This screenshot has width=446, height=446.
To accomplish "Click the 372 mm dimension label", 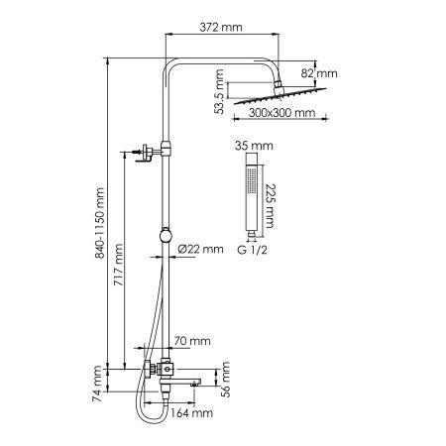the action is click(x=221, y=27).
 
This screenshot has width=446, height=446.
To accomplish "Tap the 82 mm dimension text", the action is click(x=319, y=73).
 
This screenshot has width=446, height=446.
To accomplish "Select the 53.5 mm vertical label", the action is click(x=219, y=91).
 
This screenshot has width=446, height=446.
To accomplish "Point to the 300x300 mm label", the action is click(x=281, y=113).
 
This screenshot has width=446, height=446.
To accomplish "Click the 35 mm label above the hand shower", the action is click(x=254, y=146).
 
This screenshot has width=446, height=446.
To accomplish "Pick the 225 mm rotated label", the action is click(x=270, y=205).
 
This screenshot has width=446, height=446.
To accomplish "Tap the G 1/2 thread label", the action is click(x=252, y=250).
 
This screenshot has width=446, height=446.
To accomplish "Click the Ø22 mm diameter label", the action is click(x=200, y=249).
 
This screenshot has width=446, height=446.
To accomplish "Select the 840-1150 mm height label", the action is click(x=99, y=223).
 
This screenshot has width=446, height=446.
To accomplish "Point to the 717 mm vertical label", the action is click(x=118, y=265).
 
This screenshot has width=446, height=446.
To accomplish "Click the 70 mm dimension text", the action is click(x=192, y=341).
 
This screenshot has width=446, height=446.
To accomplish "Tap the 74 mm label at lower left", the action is click(x=97, y=384).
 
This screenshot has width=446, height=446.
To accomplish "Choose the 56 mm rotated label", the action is click(x=225, y=379).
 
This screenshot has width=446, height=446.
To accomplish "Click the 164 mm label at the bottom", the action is click(x=191, y=413).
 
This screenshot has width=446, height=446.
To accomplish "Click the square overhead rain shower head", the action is click(x=280, y=96).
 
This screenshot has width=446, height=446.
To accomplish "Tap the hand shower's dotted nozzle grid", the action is click(x=252, y=179).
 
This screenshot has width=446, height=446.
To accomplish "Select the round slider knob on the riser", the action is click(x=166, y=236).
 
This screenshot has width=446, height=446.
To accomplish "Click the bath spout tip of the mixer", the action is click(x=195, y=384).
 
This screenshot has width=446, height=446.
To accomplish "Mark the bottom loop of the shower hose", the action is click(x=152, y=419).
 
